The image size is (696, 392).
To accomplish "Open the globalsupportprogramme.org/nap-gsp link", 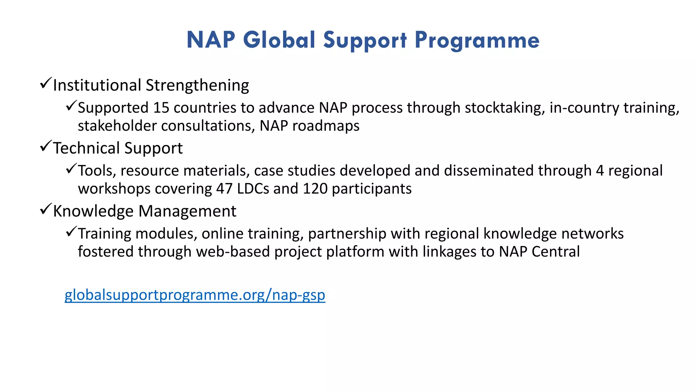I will point(195,295).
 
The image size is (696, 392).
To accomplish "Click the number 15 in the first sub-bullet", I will point(161,108).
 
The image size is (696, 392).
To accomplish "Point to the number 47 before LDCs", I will point(224,189).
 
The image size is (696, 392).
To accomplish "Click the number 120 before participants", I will point(315,189).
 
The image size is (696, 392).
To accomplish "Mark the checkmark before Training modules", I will point(71,232).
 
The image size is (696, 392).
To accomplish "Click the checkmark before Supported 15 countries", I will point(71,106).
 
